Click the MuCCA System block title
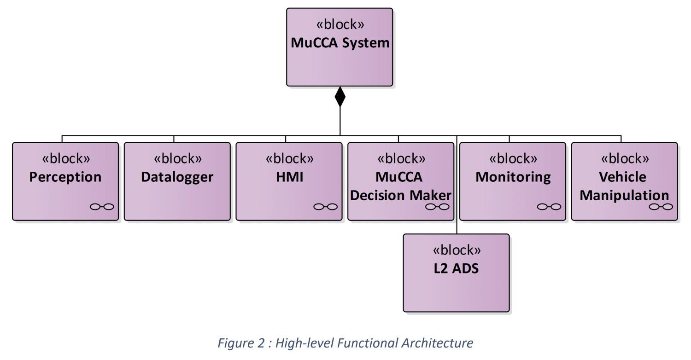(340, 43)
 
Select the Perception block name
(65, 177)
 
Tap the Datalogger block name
(177, 177)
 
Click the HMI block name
(289, 177)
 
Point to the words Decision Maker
(401, 195)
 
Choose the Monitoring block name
(513, 177)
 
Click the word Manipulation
(624, 195)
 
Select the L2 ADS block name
(457, 268)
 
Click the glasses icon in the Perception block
(102, 207)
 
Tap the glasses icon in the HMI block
(325, 207)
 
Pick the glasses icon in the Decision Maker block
(437, 207)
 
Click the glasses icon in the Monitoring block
(549, 207)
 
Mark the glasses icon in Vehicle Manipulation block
(661, 207)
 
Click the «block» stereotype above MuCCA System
(340, 24)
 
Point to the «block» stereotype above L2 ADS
(457, 250)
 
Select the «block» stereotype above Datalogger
(177, 159)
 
